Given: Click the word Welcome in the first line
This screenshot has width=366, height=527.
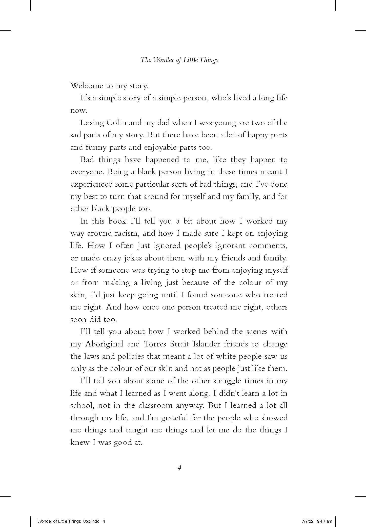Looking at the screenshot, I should (86, 86).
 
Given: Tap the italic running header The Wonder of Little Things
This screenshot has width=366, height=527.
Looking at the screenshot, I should (179, 60).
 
